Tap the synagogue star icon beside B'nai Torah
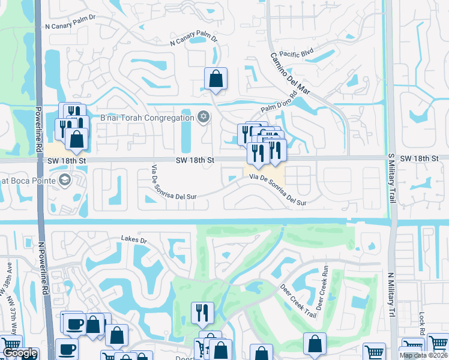pyautogui.click(x=203, y=116)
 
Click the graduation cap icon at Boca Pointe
pyautogui.click(x=64, y=179)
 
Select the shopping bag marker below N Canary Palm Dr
pyautogui.click(x=215, y=79)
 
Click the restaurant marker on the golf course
pyautogui.click(x=202, y=313)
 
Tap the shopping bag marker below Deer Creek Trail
pyautogui.click(x=315, y=344)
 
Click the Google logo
pyautogui.click(x=20, y=353)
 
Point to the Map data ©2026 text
pyautogui.click(x=423, y=355)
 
